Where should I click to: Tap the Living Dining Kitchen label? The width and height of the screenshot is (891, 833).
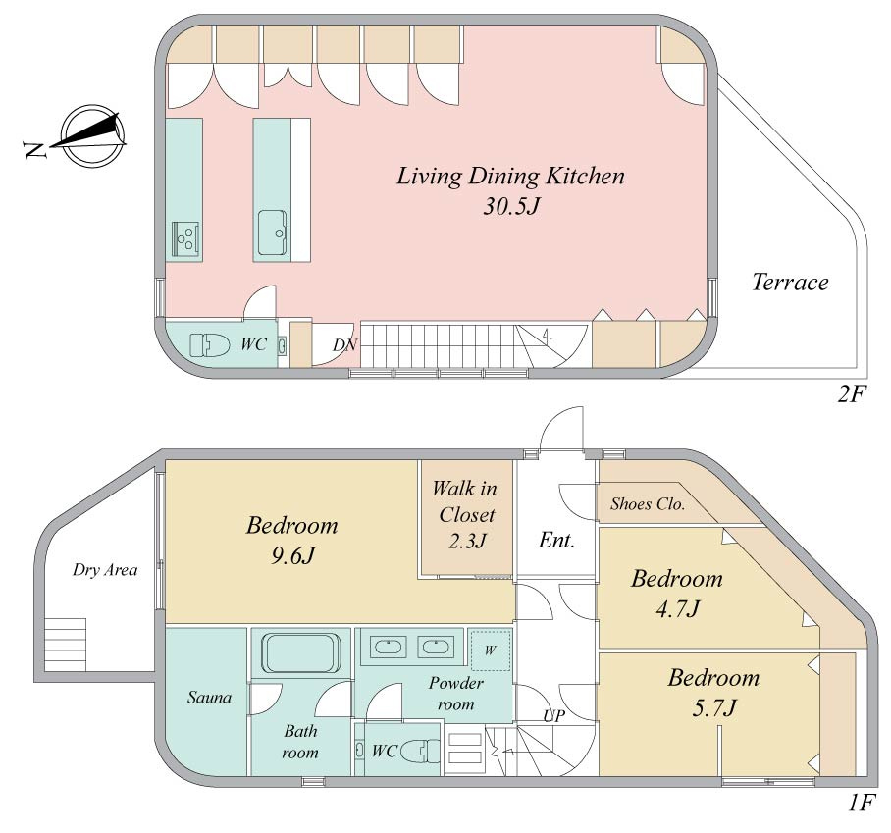tap(510, 177)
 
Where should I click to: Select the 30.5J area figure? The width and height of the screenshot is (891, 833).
tap(511, 206)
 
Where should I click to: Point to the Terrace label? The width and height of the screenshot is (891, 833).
tap(790, 282)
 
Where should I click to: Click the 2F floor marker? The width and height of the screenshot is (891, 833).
tap(851, 393)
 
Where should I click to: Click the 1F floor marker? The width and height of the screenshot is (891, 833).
tap(861, 803)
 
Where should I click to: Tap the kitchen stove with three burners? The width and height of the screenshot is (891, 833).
tap(185, 239)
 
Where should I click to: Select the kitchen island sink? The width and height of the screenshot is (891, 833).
tap(273, 233)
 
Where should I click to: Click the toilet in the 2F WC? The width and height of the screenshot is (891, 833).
tap(209, 345)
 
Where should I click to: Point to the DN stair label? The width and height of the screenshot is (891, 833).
tap(345, 345)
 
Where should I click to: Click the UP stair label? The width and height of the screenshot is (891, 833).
tap(554, 716)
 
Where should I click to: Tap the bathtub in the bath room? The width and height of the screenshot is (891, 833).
tap(300, 653)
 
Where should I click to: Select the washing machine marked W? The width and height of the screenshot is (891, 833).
tap(491, 651)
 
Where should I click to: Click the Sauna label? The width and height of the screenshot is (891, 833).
tap(209, 698)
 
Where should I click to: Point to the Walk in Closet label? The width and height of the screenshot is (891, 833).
tap(464, 501)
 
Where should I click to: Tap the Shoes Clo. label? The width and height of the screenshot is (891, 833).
tap(648, 504)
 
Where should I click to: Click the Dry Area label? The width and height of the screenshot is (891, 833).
tap(105, 570)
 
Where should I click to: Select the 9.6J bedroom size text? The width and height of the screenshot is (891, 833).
tap(292, 555)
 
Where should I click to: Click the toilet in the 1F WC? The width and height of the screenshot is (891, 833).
tap(420, 752)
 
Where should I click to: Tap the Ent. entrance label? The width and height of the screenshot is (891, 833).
tap(556, 540)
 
